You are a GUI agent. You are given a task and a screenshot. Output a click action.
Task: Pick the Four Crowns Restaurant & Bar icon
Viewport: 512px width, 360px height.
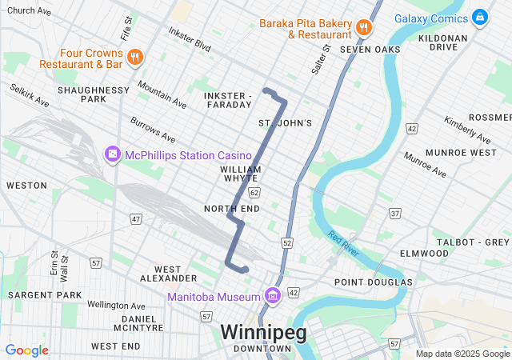point(134,57)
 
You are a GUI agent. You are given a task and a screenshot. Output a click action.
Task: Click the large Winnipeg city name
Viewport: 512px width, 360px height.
point(263,331)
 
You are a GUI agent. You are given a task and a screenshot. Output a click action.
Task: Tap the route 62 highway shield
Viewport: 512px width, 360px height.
point(254,193)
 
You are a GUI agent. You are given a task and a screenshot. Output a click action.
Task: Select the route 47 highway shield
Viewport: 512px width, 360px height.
point(136,219)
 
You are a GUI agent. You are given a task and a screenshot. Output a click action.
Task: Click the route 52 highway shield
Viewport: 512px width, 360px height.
point(287,242)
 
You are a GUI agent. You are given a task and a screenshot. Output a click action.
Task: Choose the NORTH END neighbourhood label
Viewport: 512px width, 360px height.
point(232,209)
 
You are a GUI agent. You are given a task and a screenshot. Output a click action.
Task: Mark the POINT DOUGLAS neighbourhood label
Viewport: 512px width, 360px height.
point(373,282)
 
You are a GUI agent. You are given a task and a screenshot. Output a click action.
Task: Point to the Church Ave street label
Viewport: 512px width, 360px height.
point(29,11)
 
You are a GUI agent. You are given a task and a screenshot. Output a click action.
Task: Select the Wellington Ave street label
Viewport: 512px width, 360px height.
point(116,305)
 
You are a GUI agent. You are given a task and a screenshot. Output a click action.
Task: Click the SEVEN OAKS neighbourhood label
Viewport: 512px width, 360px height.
point(370,50)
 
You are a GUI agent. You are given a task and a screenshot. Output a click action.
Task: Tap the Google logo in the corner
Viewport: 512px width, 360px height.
point(26,350)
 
